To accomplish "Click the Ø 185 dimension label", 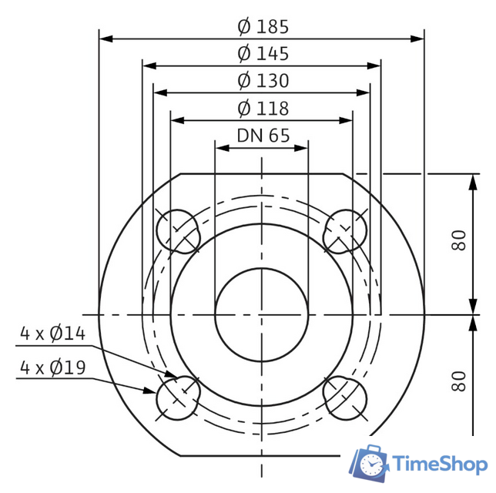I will (263, 27).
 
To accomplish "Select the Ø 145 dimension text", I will (263, 54).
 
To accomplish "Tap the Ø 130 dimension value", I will (263, 81).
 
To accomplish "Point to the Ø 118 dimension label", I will (263, 108).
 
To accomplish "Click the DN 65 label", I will (263, 135).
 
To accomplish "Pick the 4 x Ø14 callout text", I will (52, 334).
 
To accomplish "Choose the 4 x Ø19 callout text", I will (52, 367).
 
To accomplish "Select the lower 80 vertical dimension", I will (459, 381).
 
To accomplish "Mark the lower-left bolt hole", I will (178, 397).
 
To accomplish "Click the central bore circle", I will (262, 314).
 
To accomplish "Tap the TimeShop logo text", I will (439, 464).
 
